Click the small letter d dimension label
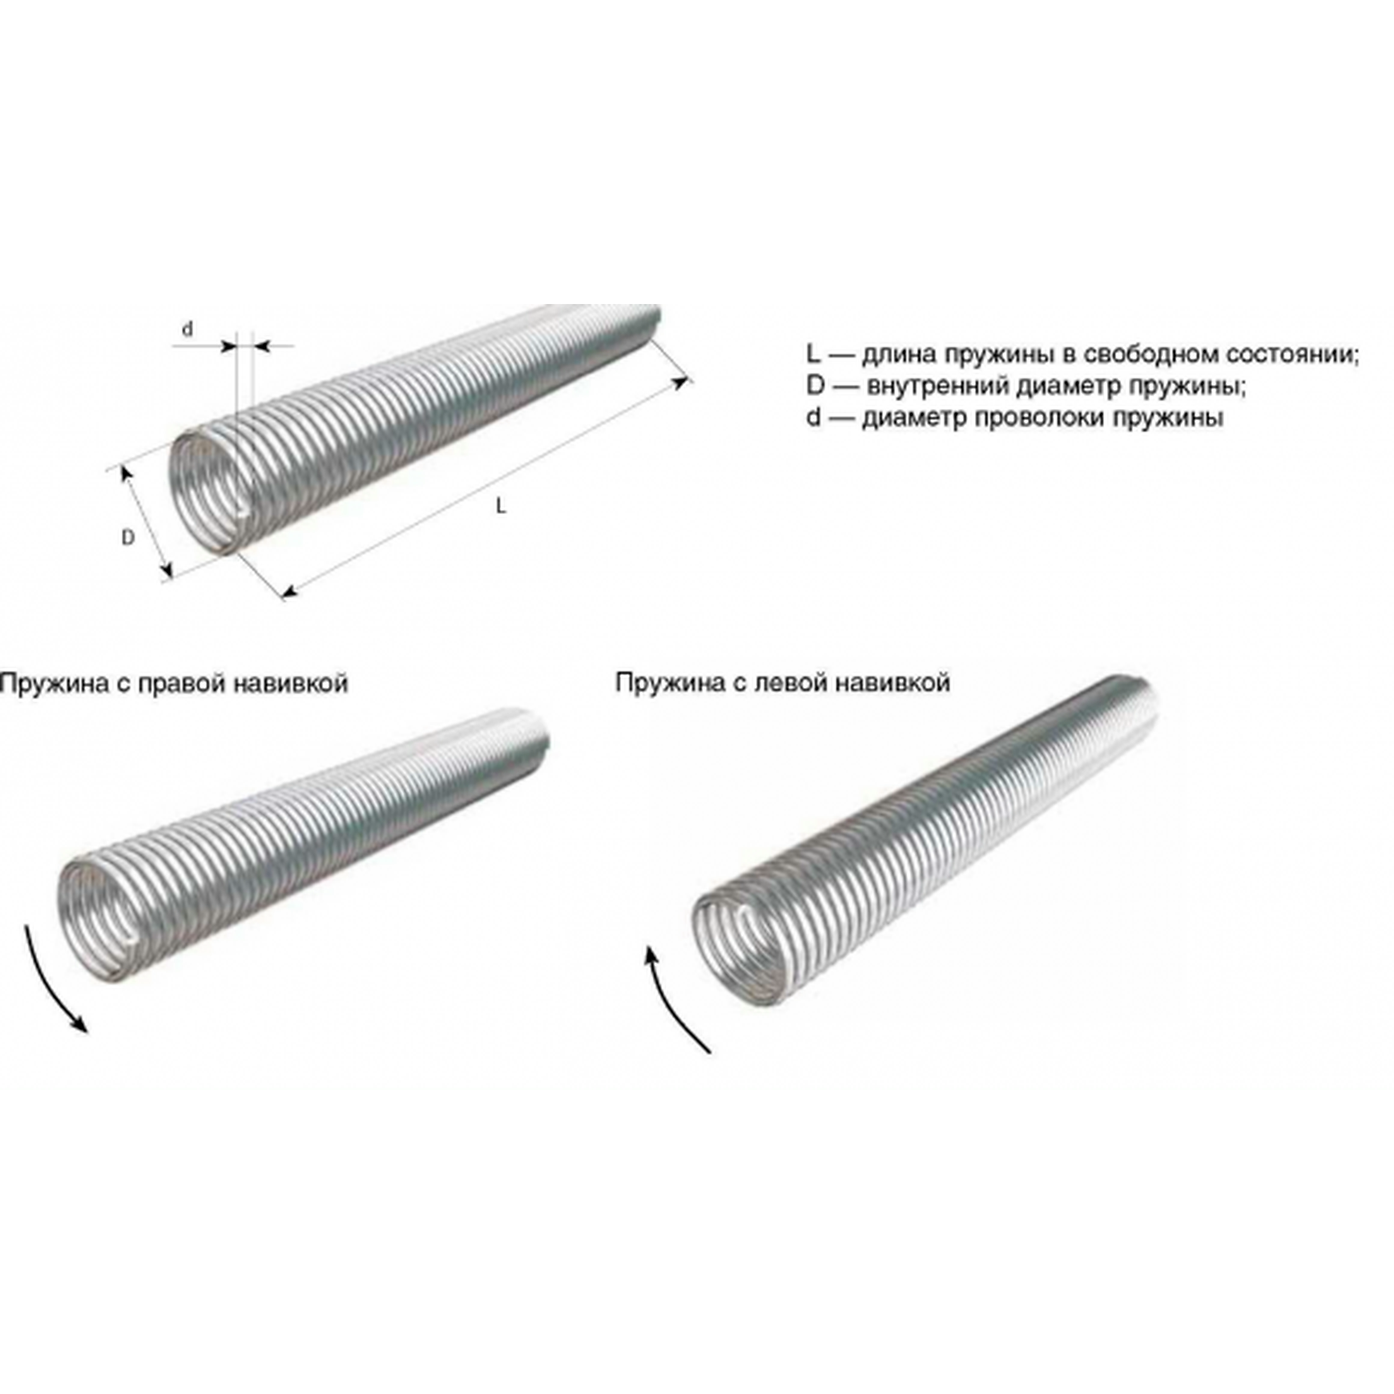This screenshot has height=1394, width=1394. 187,329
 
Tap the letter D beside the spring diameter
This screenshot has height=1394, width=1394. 128,538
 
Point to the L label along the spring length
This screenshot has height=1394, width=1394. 501,507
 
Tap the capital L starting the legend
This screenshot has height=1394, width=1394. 814,356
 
